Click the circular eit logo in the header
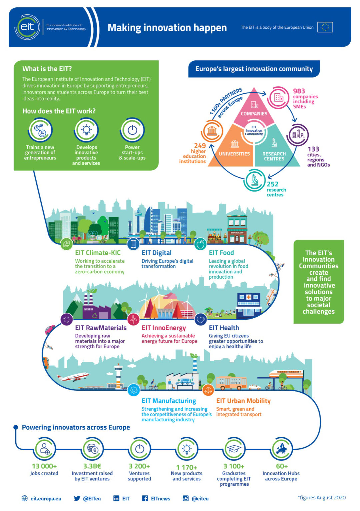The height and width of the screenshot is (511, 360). point(27,27)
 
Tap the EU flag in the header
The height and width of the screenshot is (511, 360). point(325,27)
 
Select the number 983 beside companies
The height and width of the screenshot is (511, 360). point(299,91)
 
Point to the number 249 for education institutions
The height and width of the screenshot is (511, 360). point(200,146)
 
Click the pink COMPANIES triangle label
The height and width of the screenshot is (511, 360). point(254,114)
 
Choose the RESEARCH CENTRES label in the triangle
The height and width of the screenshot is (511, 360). point(274,156)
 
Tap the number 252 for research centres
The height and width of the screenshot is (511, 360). point(272,184)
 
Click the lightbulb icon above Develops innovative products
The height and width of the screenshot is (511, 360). point(86,130)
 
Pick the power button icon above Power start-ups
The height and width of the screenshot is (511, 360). point(132,130)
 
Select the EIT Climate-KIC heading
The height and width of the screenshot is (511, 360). point(98,253)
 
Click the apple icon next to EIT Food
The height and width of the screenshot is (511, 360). point(200,245)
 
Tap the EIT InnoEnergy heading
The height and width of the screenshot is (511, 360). point(164,328)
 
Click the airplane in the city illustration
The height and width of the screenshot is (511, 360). point(73,377)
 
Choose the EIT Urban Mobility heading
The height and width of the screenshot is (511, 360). point(243,401)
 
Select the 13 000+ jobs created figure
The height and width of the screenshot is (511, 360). point(44,466)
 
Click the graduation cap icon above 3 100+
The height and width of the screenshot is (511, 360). point(234,449)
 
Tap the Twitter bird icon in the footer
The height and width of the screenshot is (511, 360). point(77,498)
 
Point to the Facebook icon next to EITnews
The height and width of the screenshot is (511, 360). point(145,498)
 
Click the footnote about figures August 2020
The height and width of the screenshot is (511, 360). point(322,498)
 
